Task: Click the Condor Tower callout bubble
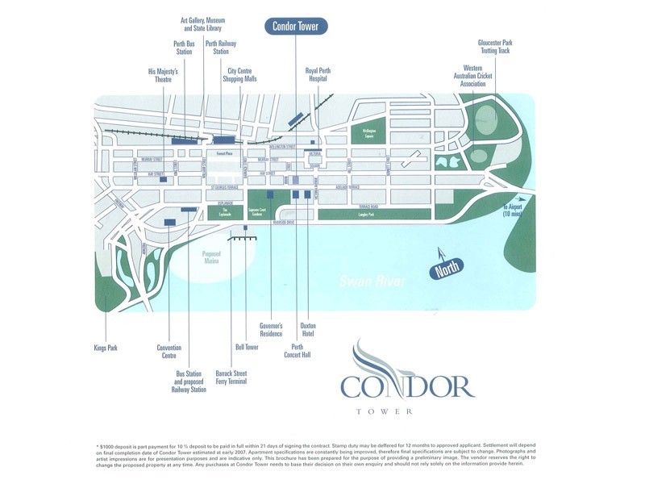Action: [296, 26]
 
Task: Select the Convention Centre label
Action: [169, 351]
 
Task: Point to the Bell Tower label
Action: [246, 348]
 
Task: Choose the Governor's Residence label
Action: [271, 329]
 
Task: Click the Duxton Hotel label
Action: [309, 329]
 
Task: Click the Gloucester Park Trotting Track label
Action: [494, 45]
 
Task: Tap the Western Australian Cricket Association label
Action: [474, 76]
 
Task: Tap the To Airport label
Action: [514, 210]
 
